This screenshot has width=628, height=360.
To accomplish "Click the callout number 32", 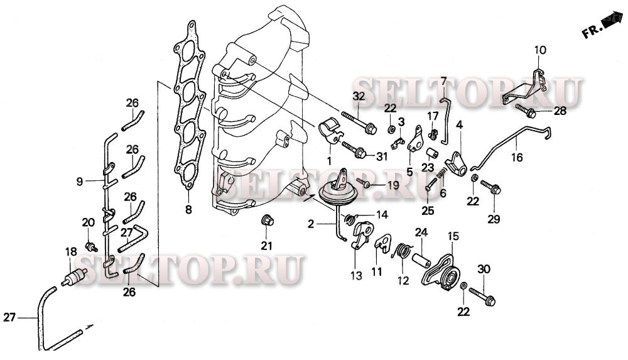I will [358, 96].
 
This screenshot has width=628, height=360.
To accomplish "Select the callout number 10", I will [540, 50].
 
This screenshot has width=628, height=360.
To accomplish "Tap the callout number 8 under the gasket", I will [188, 209].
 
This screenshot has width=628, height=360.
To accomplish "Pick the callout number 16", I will [516, 158].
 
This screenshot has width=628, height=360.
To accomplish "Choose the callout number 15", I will [453, 236].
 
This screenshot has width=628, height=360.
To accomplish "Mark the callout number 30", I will [483, 270].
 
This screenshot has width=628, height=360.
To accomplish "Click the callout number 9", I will [80, 182].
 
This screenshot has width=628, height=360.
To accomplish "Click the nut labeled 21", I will [267, 221].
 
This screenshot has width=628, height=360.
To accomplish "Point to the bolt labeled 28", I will [528, 113].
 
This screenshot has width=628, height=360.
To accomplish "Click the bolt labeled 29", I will [492, 188].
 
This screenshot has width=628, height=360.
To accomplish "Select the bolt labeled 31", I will [353, 150].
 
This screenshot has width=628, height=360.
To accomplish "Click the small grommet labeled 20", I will [90, 244].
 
